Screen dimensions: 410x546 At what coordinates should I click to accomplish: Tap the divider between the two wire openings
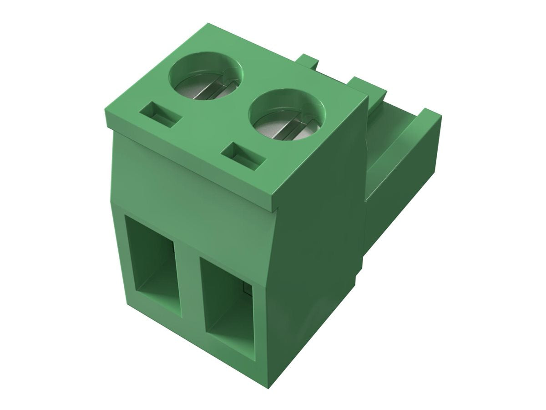point(189,282)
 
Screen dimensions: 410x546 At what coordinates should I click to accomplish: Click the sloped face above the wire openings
point(191,182)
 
